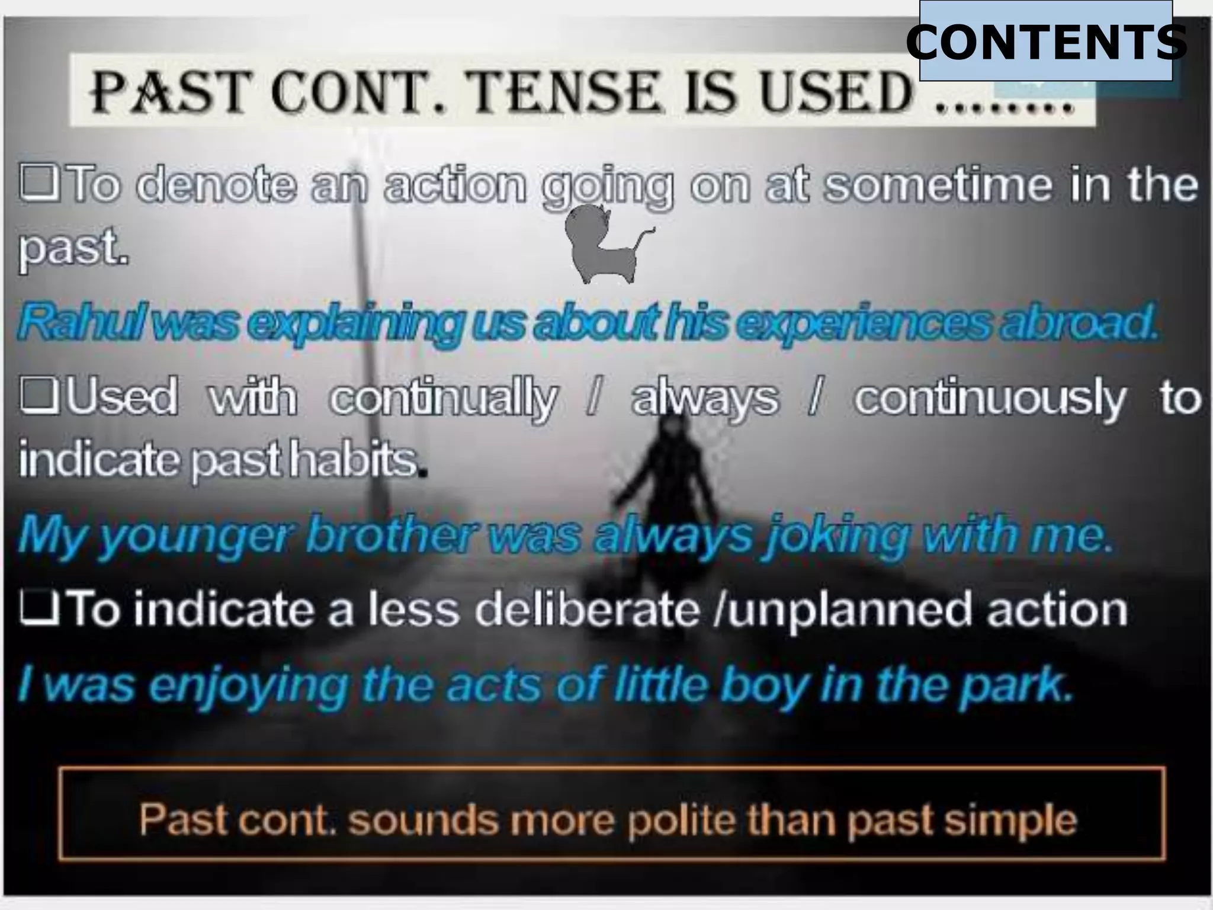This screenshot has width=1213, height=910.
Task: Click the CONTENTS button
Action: point(1045,41)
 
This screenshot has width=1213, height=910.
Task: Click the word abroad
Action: point(1078,323)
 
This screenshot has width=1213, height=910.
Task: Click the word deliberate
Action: point(586,610)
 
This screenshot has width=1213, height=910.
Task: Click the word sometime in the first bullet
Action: point(940,184)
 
